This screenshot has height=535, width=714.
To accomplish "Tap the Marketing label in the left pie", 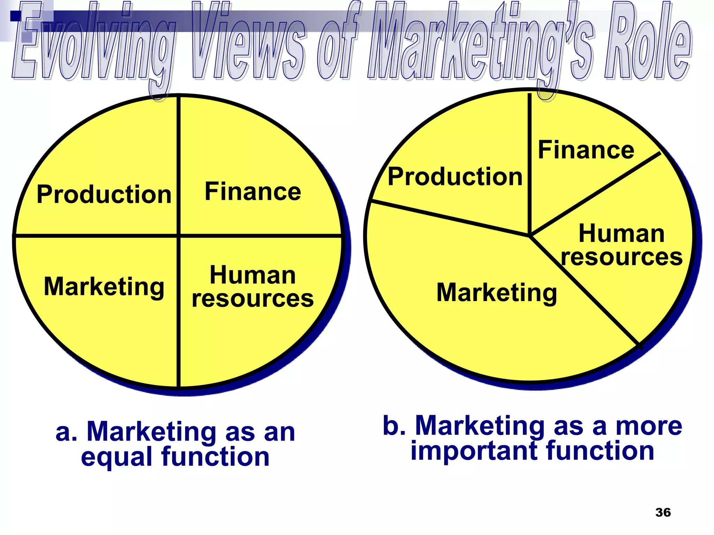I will pyautogui.click(x=104, y=287).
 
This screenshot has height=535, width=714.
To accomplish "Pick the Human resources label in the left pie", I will pyautogui.click(x=253, y=287).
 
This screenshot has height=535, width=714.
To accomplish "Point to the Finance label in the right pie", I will pyautogui.click(x=586, y=150).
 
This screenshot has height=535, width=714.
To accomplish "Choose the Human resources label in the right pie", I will pyautogui.click(x=622, y=245).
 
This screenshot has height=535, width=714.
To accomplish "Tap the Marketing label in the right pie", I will pyautogui.click(x=497, y=292).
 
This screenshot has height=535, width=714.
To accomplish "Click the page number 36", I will pyautogui.click(x=663, y=512).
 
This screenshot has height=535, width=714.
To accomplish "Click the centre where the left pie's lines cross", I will pyautogui.click(x=178, y=236).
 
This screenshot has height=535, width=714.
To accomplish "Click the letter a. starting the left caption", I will pyautogui.click(x=66, y=432).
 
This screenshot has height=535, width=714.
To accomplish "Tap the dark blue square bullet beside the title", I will pyautogui.click(x=16, y=16).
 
